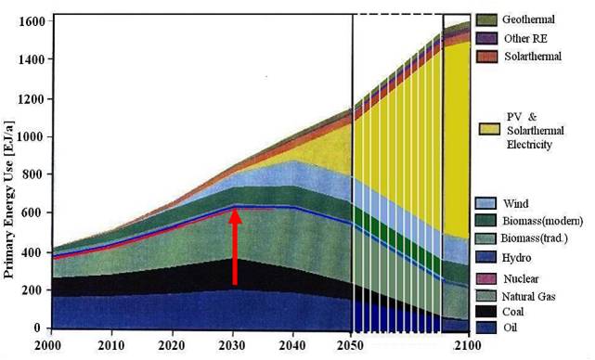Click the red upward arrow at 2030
tap(235, 247)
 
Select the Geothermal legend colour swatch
tap(486, 20)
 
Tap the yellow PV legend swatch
tap(489, 129)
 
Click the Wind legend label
tap(516, 204)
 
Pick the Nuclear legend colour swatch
tap(485, 279)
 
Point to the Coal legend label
tap(513, 312)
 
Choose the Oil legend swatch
tap(485, 328)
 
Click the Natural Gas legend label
tap(528, 296)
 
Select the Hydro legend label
tap(516, 258)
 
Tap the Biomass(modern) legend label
tap(543, 221)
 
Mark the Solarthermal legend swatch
tap(486, 57)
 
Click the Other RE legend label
tap(525, 39)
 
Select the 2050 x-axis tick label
tap(350, 345)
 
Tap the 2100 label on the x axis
tap(468, 345)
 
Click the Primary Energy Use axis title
tap(8, 199)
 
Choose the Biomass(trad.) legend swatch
tap(485, 238)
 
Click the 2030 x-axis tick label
tap(232, 345)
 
